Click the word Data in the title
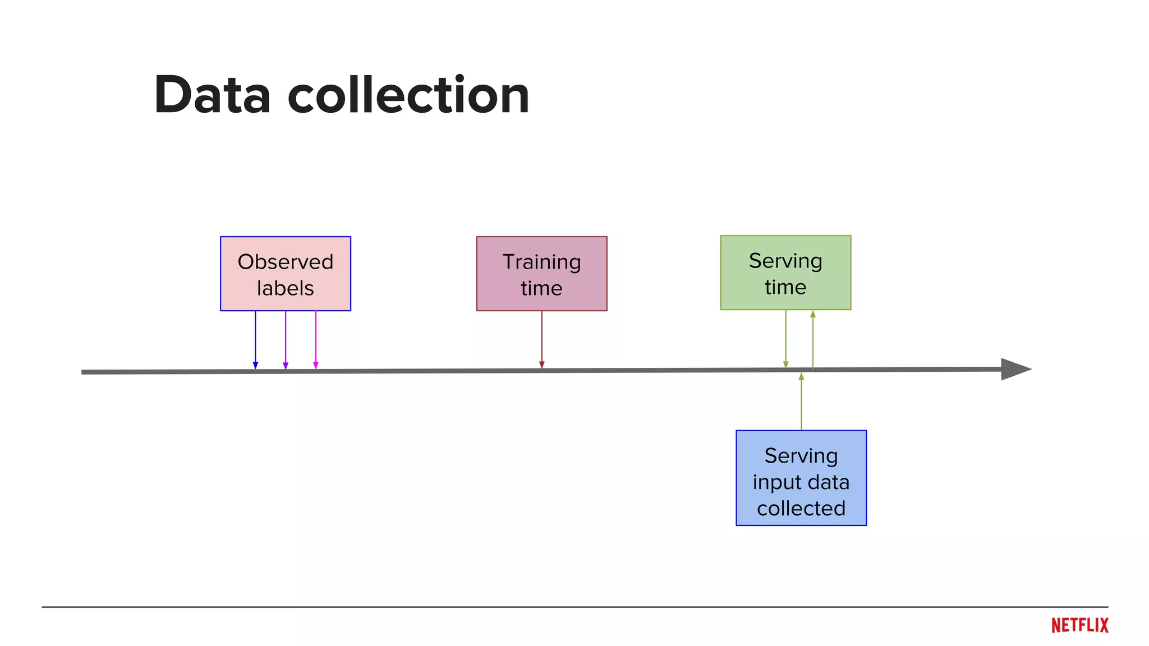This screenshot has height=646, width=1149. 212,95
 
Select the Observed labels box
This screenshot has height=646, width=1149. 285,274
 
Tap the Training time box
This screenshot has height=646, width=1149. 541,274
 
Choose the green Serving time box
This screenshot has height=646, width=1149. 785,273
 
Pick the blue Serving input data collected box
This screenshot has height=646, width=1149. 801,478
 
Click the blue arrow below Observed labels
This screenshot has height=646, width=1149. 255,339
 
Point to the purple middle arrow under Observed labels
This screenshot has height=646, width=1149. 286,339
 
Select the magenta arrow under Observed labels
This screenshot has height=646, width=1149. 316,339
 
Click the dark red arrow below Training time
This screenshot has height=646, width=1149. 542,339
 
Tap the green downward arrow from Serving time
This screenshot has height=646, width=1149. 785,339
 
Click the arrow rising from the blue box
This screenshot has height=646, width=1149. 801,401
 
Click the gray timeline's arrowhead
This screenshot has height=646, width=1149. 1014,369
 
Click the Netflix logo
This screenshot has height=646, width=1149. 1079,625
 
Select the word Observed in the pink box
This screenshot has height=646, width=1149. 285,262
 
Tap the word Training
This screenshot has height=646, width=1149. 541,262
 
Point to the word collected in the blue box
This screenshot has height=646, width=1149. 801,508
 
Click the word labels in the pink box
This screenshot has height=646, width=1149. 285,288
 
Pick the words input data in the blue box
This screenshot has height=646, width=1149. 801,482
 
